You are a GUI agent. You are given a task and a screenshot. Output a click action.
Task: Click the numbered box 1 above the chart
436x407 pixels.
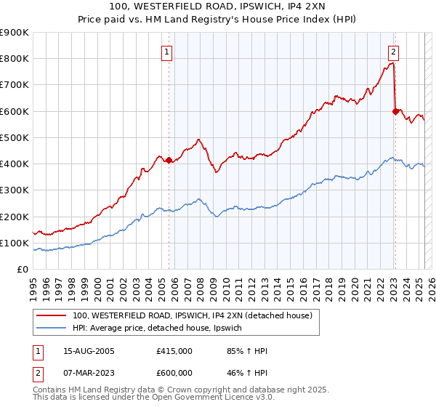(x=168, y=52)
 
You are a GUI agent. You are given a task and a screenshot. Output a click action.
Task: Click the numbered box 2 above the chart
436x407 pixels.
(x=393, y=52)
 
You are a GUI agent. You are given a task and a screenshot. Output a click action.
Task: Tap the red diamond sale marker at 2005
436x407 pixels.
(x=169, y=160)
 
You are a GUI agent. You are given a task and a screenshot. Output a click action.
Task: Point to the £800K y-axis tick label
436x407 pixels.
(x=15, y=59)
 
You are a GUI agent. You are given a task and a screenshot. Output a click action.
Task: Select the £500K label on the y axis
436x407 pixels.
(x=15, y=137)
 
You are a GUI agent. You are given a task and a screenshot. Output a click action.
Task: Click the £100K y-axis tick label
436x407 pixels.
(x=15, y=243)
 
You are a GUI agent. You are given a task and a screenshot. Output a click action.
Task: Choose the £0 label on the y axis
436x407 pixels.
(x=22, y=269)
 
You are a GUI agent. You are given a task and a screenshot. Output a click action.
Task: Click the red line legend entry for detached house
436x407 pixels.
(x=192, y=315)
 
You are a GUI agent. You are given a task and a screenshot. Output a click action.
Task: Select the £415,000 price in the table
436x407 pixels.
(x=174, y=351)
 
